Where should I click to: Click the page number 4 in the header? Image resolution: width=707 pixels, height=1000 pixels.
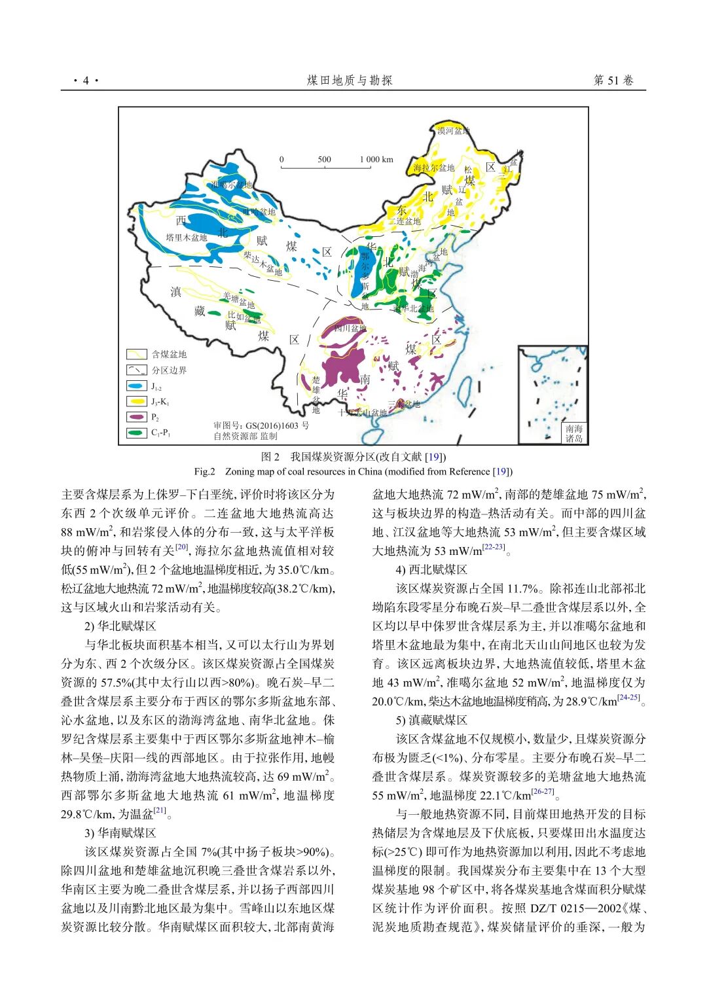click(85, 80)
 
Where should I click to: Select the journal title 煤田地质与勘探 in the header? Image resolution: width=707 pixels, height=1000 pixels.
click(350, 80)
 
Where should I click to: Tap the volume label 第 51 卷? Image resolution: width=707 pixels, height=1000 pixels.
click(613, 80)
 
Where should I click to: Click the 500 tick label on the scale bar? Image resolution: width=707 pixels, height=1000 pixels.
click(324, 159)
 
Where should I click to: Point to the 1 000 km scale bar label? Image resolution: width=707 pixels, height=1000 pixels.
click(376, 159)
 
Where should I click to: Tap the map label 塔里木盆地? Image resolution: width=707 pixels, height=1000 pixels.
click(187, 238)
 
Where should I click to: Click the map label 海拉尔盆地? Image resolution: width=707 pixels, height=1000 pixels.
click(433, 168)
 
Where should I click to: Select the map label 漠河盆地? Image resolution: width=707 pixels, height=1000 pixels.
click(453, 131)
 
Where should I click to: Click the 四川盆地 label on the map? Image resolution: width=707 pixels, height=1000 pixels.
click(350, 328)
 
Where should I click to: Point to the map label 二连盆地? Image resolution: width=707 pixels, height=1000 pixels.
click(408, 221)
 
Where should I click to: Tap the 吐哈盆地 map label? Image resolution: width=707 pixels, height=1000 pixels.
click(259, 211)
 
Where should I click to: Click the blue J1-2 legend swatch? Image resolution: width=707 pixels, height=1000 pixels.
click(136, 386)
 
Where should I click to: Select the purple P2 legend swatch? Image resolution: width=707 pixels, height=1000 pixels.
click(136, 417)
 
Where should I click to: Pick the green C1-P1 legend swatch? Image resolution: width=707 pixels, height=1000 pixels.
click(136, 433)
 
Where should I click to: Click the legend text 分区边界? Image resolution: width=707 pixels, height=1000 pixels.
click(169, 370)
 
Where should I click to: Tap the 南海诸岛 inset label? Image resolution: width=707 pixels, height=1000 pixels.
click(574, 433)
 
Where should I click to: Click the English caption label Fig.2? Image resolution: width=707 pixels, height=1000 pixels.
click(204, 471)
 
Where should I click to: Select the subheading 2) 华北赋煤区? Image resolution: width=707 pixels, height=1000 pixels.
click(120, 626)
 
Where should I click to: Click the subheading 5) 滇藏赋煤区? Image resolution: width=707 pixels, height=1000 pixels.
click(431, 720)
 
